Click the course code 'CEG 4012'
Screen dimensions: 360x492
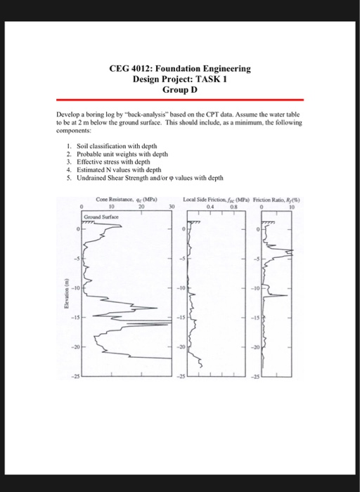tap(129, 69)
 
